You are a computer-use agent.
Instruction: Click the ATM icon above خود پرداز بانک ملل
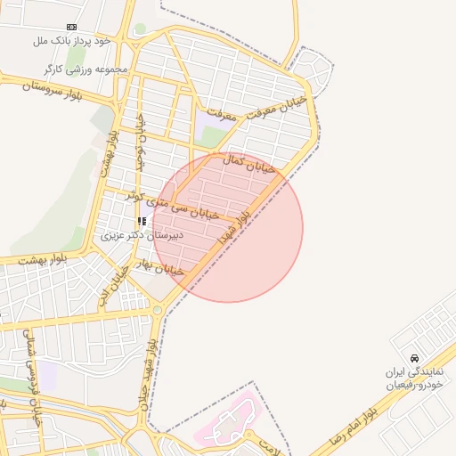pyautogui.click(x=71, y=28)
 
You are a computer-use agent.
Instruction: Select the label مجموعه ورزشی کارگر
pyautogui.click(x=85, y=69)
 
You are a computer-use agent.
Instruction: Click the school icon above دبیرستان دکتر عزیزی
pyautogui.click(x=141, y=221)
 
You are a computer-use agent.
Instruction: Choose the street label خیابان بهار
pyautogui.click(x=161, y=267)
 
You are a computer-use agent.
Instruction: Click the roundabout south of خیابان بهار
pyautogui.click(x=158, y=310)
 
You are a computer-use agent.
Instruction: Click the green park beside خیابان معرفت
pyautogui.click(x=211, y=136)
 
